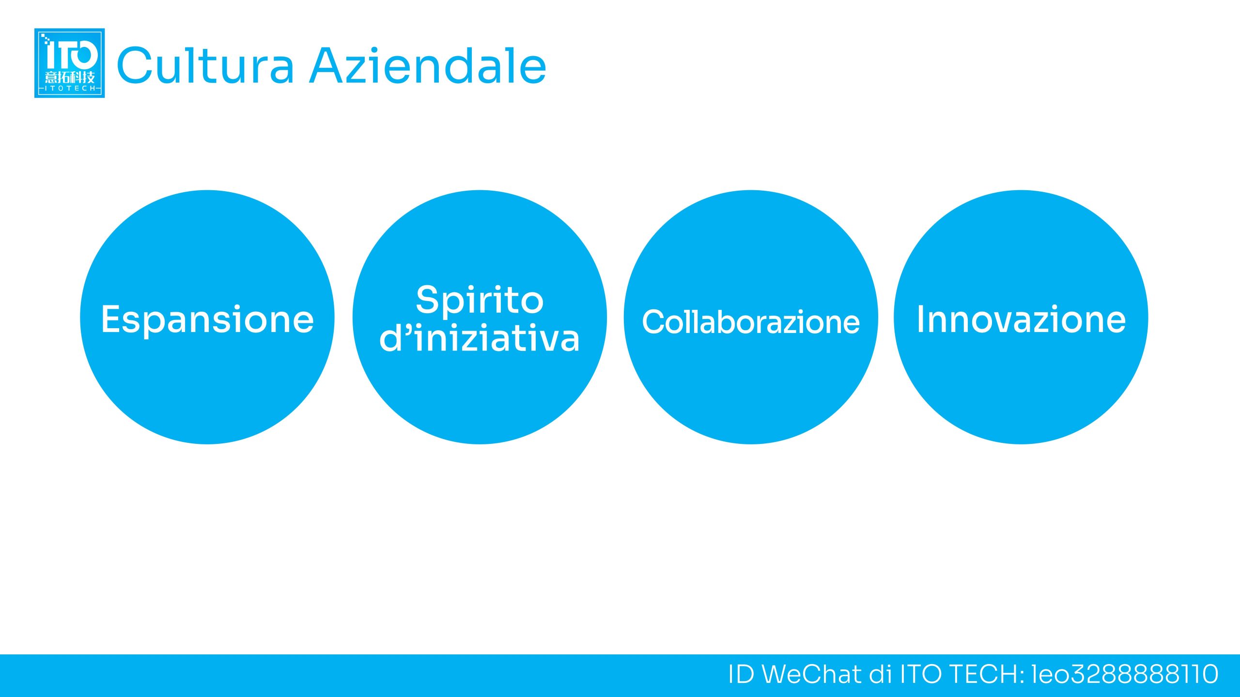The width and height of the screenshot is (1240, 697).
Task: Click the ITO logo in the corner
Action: [x=69, y=63]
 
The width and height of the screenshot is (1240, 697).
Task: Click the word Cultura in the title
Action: [x=205, y=65]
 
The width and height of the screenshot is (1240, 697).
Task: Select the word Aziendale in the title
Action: [x=428, y=65]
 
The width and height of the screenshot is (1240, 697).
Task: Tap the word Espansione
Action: [x=207, y=320]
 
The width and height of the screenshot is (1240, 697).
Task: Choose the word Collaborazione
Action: [x=751, y=321]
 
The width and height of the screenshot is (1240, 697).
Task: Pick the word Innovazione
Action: [x=1021, y=319]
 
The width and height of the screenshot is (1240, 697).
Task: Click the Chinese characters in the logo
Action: [x=70, y=77]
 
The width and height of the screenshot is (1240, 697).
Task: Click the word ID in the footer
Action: [x=741, y=674]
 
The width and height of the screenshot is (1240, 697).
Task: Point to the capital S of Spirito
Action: [x=427, y=299]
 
